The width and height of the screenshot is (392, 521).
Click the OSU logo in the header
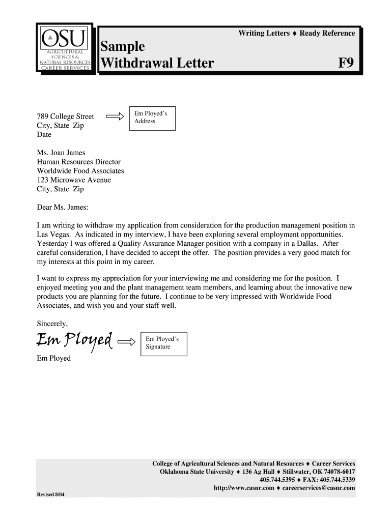65,48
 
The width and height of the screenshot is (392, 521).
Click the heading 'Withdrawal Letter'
157,64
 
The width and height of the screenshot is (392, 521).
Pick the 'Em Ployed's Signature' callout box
162,343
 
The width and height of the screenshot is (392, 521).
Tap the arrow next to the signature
127,341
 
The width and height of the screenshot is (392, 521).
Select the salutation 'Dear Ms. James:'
63,207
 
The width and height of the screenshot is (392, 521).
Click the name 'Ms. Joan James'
61,153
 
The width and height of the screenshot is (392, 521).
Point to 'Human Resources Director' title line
78,162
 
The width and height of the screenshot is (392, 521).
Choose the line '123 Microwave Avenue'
74,180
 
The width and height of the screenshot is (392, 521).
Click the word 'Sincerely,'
52,324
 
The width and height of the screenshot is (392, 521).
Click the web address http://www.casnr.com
244,488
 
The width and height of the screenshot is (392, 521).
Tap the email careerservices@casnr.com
319,488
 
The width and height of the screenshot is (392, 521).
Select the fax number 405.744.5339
337,480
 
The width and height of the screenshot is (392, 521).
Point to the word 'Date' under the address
44,135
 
